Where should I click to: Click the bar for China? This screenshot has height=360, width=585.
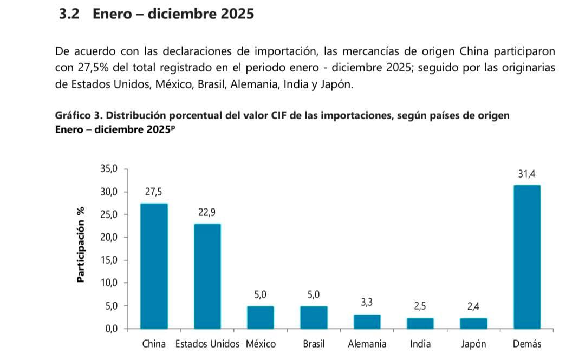154,266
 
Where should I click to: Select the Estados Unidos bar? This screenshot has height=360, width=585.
207,276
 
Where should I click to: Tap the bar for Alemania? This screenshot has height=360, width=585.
367,322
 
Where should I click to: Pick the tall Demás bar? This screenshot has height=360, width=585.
526,257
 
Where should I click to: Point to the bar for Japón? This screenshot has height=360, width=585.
473,323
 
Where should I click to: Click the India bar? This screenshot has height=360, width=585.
420,323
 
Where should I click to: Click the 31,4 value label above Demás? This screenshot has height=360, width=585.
526,174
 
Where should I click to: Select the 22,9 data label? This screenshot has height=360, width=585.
207,212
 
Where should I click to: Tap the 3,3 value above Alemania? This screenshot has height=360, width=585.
367,303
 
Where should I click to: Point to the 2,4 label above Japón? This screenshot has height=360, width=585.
473,307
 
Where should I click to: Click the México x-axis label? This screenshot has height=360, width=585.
261,344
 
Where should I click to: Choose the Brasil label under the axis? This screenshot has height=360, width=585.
314,344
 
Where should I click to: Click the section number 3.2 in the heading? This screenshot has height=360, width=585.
69,14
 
